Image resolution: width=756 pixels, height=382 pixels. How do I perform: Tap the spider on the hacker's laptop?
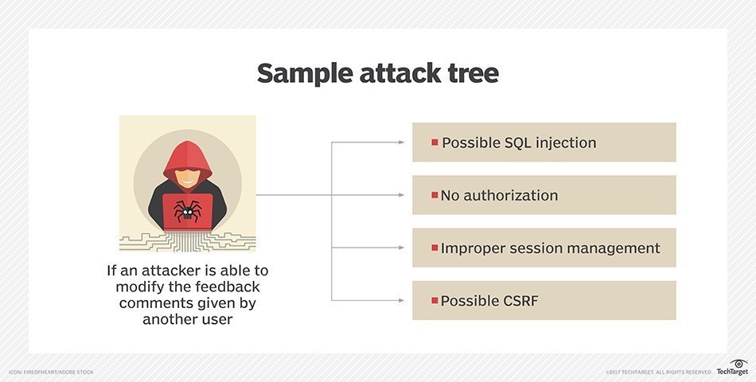[x=188, y=211]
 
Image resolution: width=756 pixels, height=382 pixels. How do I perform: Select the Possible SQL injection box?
[x=544, y=142]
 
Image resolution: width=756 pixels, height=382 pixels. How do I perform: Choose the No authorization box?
[x=544, y=195]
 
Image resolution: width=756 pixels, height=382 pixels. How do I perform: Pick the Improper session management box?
[x=544, y=248]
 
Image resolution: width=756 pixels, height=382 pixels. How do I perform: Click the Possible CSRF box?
[x=544, y=300]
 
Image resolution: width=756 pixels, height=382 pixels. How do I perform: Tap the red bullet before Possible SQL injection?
[x=435, y=142]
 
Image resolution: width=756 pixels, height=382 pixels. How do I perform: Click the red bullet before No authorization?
[x=435, y=195]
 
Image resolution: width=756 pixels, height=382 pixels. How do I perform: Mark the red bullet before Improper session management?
[x=435, y=248]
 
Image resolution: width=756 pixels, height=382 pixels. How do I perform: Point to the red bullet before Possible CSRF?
[x=435, y=300]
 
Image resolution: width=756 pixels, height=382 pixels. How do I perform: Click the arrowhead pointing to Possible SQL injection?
[x=401, y=142]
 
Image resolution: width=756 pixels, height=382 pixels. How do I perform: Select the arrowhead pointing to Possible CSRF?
[x=401, y=300]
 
